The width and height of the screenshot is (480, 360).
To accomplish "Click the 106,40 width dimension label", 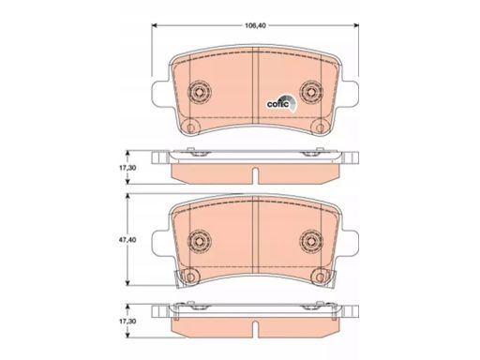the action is click(x=255, y=26).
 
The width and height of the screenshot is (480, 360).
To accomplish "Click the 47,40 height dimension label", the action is click(x=127, y=240).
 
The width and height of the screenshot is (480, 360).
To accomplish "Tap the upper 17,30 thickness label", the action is click(x=127, y=168).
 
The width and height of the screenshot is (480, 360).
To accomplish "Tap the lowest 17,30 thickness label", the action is click(x=127, y=321).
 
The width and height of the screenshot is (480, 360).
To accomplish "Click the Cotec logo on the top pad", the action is click(x=281, y=103).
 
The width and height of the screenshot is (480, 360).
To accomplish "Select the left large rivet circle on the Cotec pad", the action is click(x=200, y=92).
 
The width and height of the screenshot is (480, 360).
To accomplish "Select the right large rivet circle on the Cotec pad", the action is click(x=311, y=92).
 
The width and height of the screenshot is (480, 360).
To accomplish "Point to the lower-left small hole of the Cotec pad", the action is click(x=190, y=127).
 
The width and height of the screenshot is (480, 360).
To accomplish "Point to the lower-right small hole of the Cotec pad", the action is click(x=320, y=127).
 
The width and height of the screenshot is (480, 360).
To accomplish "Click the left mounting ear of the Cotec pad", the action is click(x=160, y=92).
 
